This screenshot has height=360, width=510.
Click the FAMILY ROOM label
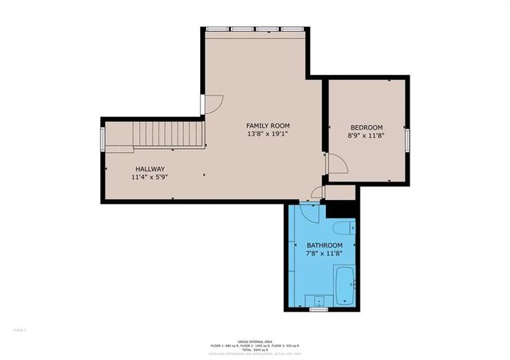pos(267,126)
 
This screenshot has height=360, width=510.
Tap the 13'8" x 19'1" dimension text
pos(267,135)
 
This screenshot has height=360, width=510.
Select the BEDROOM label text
pos(367,127)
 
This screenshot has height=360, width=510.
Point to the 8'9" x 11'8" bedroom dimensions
pos(367,136)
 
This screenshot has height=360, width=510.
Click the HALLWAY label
pos(150,169)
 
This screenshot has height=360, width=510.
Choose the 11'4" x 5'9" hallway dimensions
pos(150,178)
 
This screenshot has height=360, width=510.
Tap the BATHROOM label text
pos(324,245)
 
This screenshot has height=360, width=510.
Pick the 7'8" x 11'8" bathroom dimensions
pos(324,254)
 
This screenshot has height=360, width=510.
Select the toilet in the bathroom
pos(344,227)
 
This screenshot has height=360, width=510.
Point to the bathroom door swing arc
pos(310,213)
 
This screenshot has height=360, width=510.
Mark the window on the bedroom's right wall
pos(407,140)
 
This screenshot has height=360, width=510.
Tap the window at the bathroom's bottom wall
pos(319,310)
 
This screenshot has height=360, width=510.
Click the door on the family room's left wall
pos(204,104)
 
